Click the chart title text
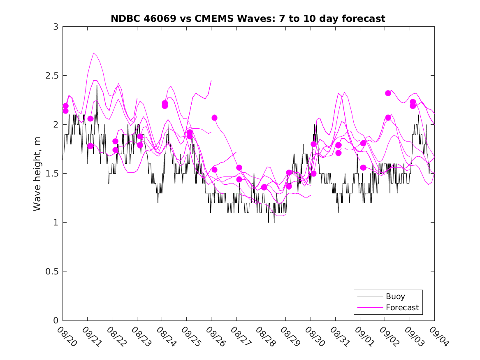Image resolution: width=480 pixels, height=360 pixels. coord(248,19)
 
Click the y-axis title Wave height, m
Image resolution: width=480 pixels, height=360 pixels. coord(37,174)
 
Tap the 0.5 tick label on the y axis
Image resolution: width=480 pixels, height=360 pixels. coord(51,272)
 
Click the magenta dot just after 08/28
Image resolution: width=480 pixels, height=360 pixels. coord(264,188)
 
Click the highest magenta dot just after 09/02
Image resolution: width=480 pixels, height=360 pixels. coord(388,93)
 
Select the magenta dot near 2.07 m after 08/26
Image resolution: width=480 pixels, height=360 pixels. coord(214,118)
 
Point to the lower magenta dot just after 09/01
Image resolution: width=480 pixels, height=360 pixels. coord(363,167)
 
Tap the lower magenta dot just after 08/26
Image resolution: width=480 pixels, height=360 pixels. coord(214,170)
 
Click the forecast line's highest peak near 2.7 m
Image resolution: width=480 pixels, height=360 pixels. coord(94,53)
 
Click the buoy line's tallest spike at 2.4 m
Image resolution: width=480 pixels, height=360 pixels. coord(97,86)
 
